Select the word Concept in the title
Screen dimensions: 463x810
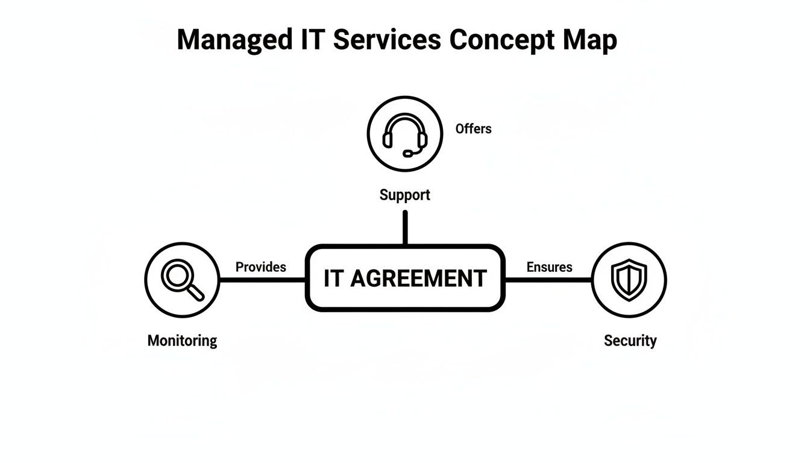[501, 40]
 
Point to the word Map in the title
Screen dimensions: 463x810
[590, 40]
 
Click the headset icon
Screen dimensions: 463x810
[405, 134]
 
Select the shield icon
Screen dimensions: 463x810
[629, 280]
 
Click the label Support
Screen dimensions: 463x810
[405, 195]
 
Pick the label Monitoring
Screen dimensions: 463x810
[182, 341]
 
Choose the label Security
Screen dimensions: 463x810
[630, 341]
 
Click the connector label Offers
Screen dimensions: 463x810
[473, 129]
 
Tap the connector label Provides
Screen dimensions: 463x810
[260, 267]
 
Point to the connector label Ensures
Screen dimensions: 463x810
[549, 267]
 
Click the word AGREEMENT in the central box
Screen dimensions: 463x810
[418, 279]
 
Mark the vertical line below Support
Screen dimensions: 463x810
[405, 227]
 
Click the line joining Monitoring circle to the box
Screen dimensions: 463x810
[262, 280]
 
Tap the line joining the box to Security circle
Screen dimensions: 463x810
[547, 280]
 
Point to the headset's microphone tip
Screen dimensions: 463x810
[407, 154]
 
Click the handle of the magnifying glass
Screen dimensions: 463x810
[196, 293]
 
